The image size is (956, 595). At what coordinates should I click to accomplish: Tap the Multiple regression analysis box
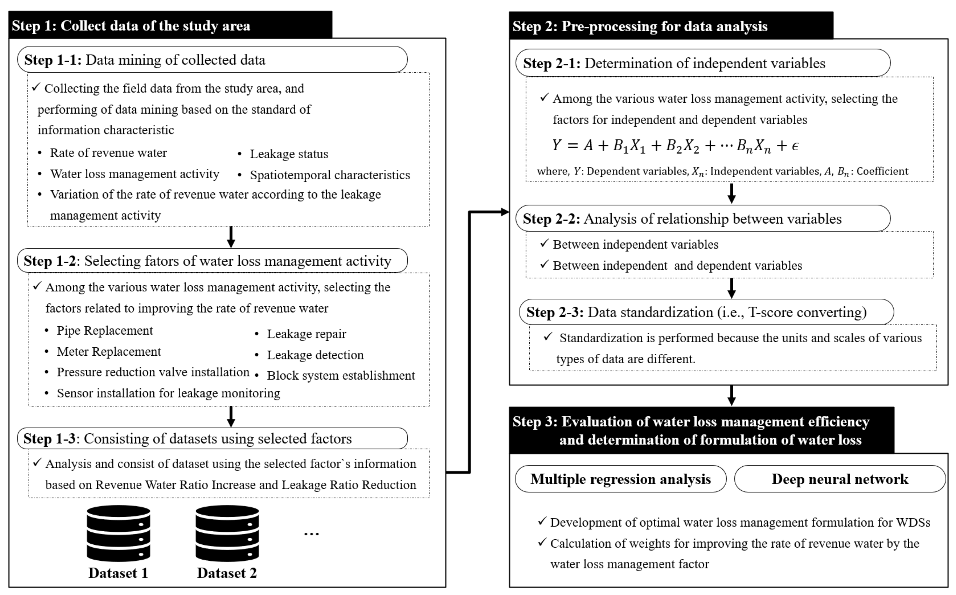pos(620,479)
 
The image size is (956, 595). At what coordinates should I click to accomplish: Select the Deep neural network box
pos(840,479)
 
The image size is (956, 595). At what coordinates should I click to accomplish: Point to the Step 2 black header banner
pos(671,26)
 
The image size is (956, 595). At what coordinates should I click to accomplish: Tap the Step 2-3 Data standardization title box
pos(706,312)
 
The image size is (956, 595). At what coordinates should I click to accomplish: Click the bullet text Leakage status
pos(289,154)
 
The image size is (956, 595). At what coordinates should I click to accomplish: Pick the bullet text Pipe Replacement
pos(105,330)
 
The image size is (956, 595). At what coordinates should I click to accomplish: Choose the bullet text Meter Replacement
pos(109,352)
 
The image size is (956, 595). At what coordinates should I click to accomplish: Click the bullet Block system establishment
pos(341,375)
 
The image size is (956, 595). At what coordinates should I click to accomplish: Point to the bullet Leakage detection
pos(315,355)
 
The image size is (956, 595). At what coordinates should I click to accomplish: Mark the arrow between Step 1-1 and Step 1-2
pos(231,237)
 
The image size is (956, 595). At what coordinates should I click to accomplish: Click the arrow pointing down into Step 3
pos(731,395)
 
